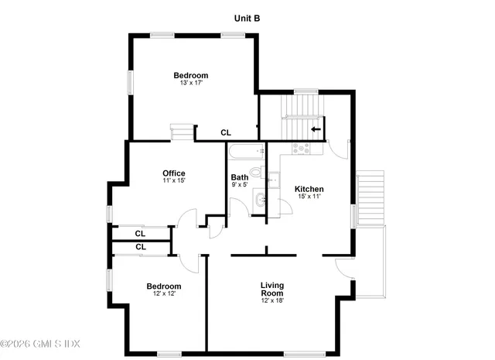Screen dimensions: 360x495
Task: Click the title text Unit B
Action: (248, 17)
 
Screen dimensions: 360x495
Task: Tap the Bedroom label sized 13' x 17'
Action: (190, 76)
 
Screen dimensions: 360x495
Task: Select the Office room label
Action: (173, 173)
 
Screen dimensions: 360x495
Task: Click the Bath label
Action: (240, 177)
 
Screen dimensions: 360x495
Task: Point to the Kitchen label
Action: (309, 189)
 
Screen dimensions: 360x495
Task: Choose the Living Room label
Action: (272, 289)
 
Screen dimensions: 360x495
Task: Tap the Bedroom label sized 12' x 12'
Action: (164, 286)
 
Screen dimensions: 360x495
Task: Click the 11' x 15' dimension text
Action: (173, 180)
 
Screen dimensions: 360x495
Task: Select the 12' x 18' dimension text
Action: (272, 300)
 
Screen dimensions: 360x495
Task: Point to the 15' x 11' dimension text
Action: (309, 197)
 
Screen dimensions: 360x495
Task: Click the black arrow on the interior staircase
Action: (316, 129)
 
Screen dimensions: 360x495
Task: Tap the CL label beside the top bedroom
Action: (226, 132)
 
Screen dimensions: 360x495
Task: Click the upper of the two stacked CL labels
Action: (140, 233)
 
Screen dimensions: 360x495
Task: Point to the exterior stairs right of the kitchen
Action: (370, 197)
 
